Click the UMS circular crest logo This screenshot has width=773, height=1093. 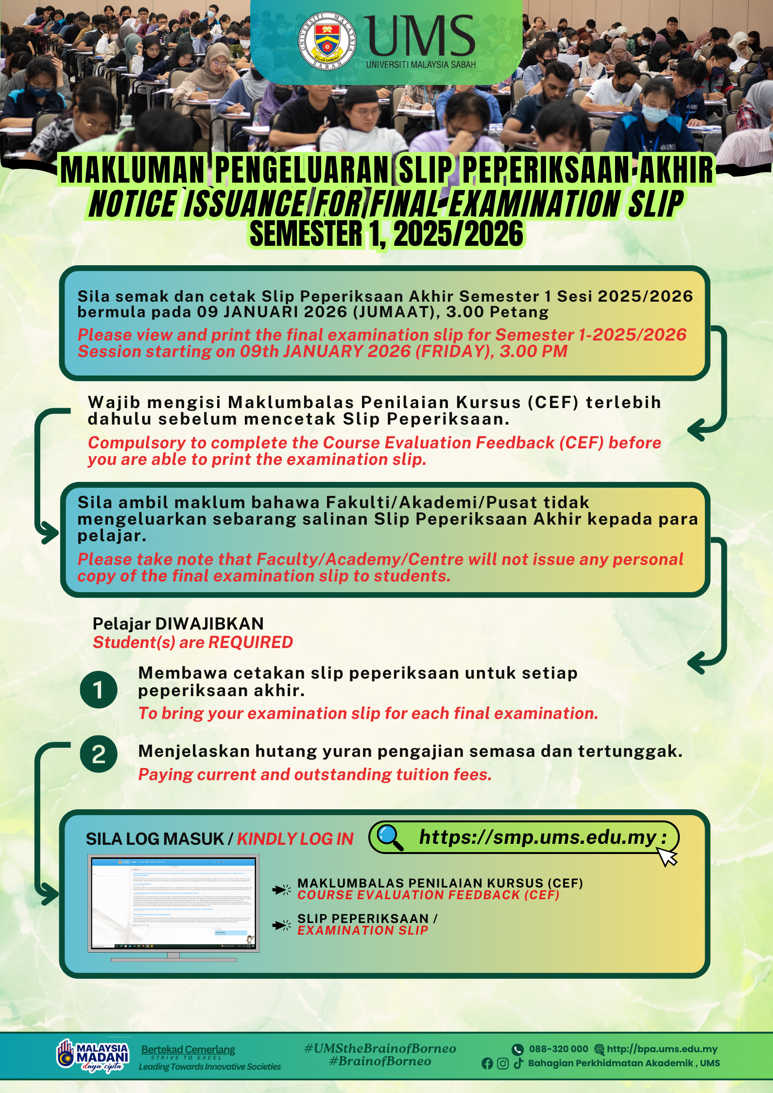pos(326,41)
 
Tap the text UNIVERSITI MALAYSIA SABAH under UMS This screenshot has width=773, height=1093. pos(421,65)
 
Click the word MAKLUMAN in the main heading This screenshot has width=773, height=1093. pos(133,171)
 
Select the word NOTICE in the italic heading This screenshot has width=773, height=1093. pos(133,204)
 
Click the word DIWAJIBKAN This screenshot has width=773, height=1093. pos(209,624)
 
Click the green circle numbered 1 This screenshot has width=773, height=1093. pos(99,690)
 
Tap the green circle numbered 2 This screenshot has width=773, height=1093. pos(99,754)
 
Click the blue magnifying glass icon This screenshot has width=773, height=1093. pos(390,837)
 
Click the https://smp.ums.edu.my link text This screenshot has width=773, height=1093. pos(538,837)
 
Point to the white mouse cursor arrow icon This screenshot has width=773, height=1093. pos(667,856)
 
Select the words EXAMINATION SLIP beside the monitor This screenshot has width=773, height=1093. pos(362,930)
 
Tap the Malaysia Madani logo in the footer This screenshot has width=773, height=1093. pos(93,1056)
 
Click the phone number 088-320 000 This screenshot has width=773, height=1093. pos(558,1049)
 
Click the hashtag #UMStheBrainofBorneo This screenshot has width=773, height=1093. pos(380,1049)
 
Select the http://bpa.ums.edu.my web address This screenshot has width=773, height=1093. pos(662,1049)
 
